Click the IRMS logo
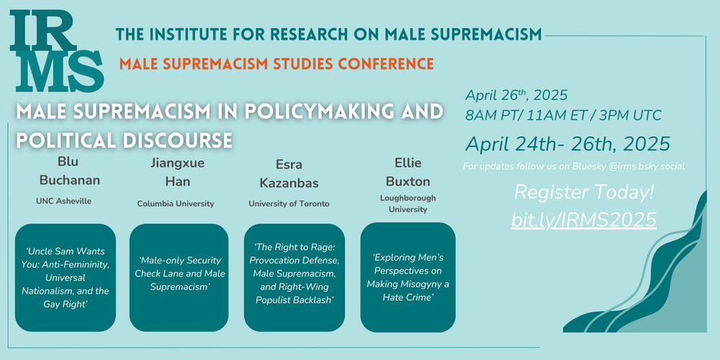click(x=57, y=51)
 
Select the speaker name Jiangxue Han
click(x=177, y=173)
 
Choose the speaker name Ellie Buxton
click(x=408, y=172)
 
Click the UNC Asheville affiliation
click(x=63, y=201)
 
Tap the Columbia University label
click(x=176, y=204)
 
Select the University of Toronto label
click(x=289, y=204)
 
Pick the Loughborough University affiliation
click(x=408, y=204)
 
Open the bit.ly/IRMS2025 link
click(x=583, y=220)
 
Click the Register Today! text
click(x=584, y=193)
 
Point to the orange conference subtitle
click(x=276, y=63)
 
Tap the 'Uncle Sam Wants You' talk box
click(x=66, y=277)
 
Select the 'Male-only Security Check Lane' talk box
click(x=179, y=277)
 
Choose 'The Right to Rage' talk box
click(x=294, y=277)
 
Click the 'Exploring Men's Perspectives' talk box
click(x=408, y=277)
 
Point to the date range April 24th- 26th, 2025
click(x=567, y=144)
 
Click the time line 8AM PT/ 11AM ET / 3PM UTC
click(x=564, y=115)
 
